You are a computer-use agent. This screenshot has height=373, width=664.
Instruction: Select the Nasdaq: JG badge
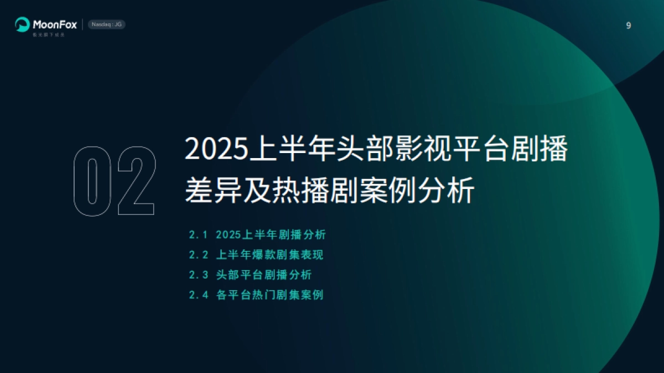tap(107, 24)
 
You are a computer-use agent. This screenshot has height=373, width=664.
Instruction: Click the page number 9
tap(628, 25)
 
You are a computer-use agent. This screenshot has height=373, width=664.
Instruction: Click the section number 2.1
tap(198, 235)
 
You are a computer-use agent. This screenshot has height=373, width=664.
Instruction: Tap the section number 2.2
tap(198, 255)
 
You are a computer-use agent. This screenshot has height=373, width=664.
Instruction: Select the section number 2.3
tap(198, 275)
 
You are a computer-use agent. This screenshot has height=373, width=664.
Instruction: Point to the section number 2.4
tap(198, 295)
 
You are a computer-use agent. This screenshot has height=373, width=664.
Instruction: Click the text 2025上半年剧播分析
tap(271, 235)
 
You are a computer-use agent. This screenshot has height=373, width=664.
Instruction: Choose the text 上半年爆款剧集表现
tap(269, 255)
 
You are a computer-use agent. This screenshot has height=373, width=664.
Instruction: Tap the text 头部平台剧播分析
tap(264, 275)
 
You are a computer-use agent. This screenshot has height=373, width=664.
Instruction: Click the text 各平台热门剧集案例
tap(269, 295)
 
